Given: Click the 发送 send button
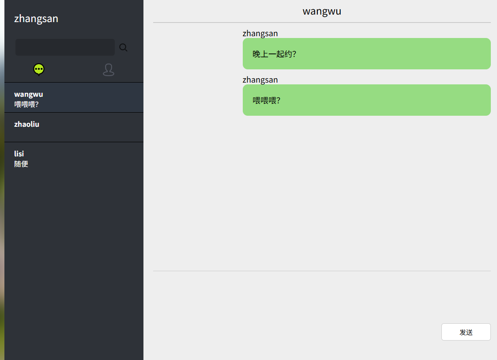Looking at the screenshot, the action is (x=466, y=332).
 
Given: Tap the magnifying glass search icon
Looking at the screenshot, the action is (x=123, y=48).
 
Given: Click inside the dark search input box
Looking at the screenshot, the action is (x=65, y=47).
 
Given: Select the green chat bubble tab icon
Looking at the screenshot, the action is (x=39, y=69).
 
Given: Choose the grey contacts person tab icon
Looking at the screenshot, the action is (x=109, y=70).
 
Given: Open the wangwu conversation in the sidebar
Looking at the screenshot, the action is (x=29, y=94).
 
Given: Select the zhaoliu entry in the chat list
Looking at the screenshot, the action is (x=26, y=124).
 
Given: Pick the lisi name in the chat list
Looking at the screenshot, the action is (x=19, y=154).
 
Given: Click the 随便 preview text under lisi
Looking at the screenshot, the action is (x=21, y=164).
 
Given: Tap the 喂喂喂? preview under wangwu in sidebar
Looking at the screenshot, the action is (x=26, y=105).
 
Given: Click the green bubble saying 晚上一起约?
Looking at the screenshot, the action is (x=366, y=54).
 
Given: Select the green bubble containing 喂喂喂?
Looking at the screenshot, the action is (x=366, y=100).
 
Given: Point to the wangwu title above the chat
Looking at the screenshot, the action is (x=322, y=11).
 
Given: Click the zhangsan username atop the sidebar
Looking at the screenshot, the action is (x=36, y=19).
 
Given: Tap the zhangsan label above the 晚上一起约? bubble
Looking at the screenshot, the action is (x=260, y=34).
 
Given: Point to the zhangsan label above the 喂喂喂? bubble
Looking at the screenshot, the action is (x=260, y=80).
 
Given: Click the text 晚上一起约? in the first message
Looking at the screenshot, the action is (x=274, y=54).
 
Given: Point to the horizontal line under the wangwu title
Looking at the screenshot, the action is (x=321, y=23).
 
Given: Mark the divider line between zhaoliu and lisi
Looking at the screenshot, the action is (x=74, y=142).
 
